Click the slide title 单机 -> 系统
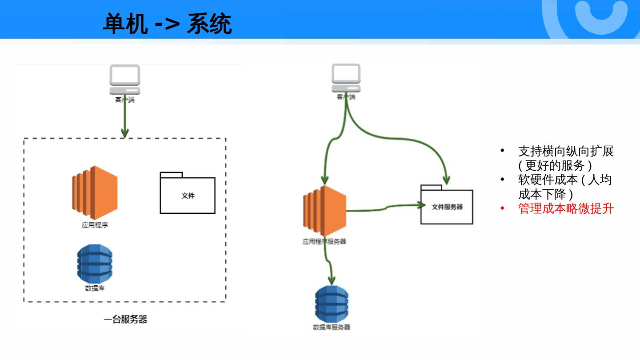pyautogui.click(x=167, y=24)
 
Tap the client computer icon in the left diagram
pyautogui.click(x=125, y=80)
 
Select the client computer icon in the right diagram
pyautogui.click(x=346, y=78)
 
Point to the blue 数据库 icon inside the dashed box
pyautogui.click(x=95, y=264)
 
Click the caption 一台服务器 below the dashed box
pyautogui.click(x=125, y=319)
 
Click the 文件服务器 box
pyautogui.click(x=447, y=207)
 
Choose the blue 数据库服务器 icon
pyautogui.click(x=332, y=304)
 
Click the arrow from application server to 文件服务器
pyautogui.click(x=382, y=208)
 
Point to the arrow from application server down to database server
pyautogui.click(x=329, y=262)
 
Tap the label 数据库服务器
pyautogui.click(x=332, y=327)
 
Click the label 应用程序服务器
pyautogui.click(x=324, y=242)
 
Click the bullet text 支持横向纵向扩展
pyautogui.click(x=566, y=151)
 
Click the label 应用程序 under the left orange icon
pyautogui.click(x=95, y=225)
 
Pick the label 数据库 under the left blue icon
pyautogui.click(x=95, y=288)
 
